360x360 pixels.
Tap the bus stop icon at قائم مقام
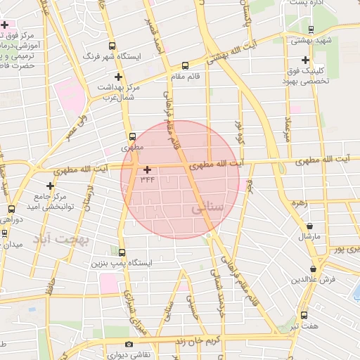tap(185, 65)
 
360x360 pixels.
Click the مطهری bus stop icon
tap(131, 136)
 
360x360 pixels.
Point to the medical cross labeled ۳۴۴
tap(146, 169)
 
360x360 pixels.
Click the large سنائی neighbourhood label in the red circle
tap(207, 208)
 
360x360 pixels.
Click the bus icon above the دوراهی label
tap(11, 209)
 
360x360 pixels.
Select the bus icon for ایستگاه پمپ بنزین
tap(122, 252)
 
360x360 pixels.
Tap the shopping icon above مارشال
tap(310, 226)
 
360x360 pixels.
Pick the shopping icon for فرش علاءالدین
tap(313, 269)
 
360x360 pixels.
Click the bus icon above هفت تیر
tap(304, 315)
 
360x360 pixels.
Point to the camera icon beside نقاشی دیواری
tap(128, 345)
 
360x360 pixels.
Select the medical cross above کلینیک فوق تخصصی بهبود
tap(304, 60)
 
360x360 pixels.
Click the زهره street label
tap(300, 202)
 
